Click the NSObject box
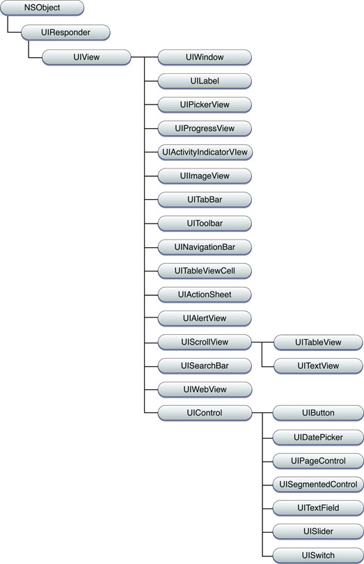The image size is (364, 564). pyautogui.click(x=42, y=8)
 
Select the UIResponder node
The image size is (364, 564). pyautogui.click(x=65, y=33)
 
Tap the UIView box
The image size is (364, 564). pyautogui.click(x=86, y=57)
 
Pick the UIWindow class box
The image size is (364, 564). pyautogui.click(x=205, y=57)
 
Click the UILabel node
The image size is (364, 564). pyautogui.click(x=205, y=81)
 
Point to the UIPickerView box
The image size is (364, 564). pyautogui.click(x=205, y=104)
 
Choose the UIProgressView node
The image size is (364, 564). pyautogui.click(x=205, y=128)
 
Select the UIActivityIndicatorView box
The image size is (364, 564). pyautogui.click(x=205, y=152)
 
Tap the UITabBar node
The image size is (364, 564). pyautogui.click(x=205, y=200)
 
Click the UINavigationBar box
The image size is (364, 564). pyautogui.click(x=205, y=247)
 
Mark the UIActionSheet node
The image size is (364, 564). pyautogui.click(x=205, y=295)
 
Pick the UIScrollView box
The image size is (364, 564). pyautogui.click(x=205, y=342)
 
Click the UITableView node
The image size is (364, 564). pyautogui.click(x=318, y=343)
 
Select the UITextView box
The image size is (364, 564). pyautogui.click(x=318, y=366)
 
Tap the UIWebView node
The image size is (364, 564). pyautogui.click(x=205, y=389)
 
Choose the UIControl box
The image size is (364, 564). pyautogui.click(x=205, y=413)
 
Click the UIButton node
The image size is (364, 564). pyautogui.click(x=318, y=413)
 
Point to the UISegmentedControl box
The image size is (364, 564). pyautogui.click(x=318, y=485)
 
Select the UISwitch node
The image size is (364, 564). pyautogui.click(x=318, y=556)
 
